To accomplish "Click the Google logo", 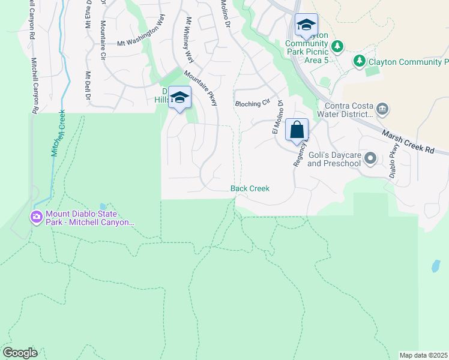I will [x=20, y=353].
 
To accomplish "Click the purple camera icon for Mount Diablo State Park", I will [x=37, y=217].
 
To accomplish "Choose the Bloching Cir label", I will [x=253, y=103].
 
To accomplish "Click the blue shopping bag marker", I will [x=297, y=130].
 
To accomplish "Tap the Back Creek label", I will [x=250, y=188].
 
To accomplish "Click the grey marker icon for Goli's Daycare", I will [x=370, y=158].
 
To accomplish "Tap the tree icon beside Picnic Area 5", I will [x=337, y=46].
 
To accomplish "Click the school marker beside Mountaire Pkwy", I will [x=179, y=98].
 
